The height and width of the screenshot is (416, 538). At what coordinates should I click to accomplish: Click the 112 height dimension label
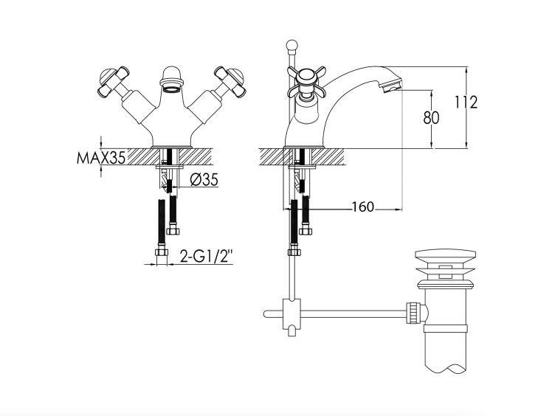pos(466,103)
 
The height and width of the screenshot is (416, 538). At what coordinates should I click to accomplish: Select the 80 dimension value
pos(431,117)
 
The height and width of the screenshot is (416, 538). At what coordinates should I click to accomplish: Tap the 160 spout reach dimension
pos(363,207)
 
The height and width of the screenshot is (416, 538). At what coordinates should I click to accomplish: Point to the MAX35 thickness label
pos(101,158)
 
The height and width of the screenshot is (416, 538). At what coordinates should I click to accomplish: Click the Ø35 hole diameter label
pos(204,179)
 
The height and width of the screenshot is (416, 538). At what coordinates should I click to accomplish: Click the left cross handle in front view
pos(112,82)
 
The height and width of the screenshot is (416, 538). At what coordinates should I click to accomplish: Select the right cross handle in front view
pos(230,82)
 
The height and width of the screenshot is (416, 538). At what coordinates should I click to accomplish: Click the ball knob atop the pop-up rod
pos(292,45)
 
